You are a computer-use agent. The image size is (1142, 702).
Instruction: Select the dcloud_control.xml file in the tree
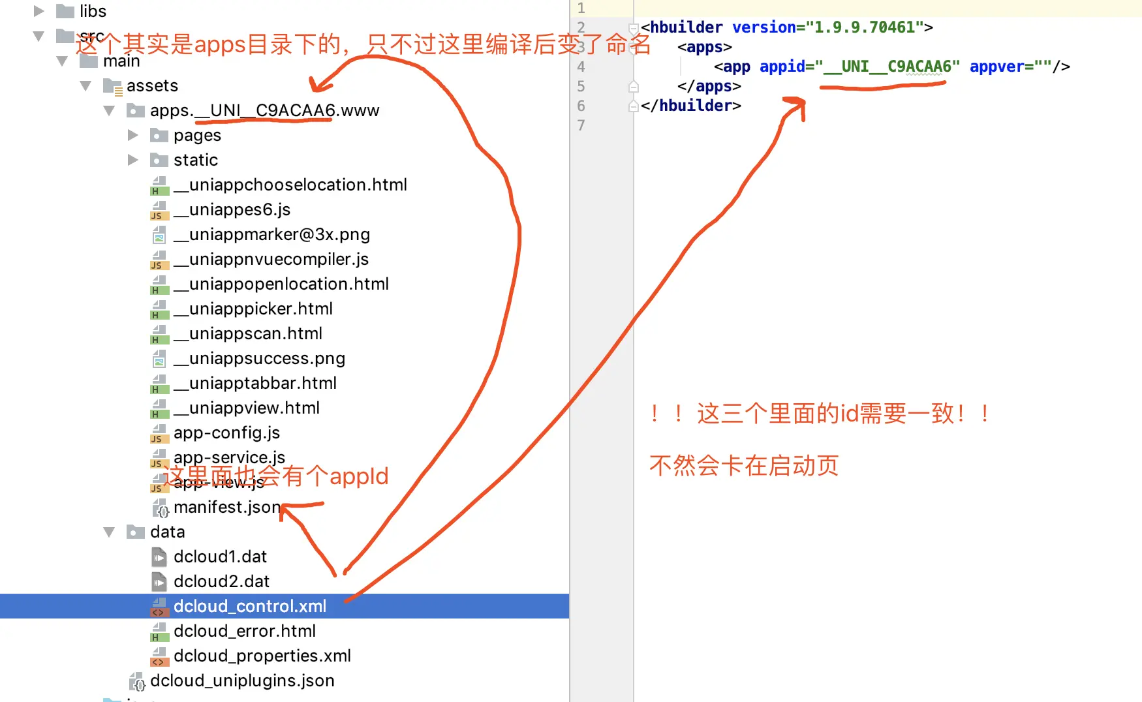[x=250, y=606]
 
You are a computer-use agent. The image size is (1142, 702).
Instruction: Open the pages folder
[x=197, y=135]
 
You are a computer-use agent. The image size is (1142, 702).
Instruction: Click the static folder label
[x=195, y=160]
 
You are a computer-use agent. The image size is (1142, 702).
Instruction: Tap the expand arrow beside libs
[x=39, y=11]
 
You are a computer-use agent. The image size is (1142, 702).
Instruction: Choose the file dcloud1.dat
[x=220, y=557]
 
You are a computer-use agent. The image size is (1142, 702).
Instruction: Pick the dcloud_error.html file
[x=244, y=631]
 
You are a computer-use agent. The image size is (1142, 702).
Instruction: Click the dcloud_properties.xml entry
[x=262, y=656]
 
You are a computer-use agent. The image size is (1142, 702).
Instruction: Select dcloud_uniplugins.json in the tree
[x=242, y=680]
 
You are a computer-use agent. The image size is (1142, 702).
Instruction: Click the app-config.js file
[x=226, y=433]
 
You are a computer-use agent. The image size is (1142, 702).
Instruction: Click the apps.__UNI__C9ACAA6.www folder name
[x=264, y=110]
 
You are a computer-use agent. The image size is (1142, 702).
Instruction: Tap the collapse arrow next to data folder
[x=109, y=532]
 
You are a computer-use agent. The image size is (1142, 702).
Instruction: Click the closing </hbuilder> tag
[x=690, y=106]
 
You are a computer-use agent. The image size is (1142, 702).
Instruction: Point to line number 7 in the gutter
[x=581, y=125]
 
